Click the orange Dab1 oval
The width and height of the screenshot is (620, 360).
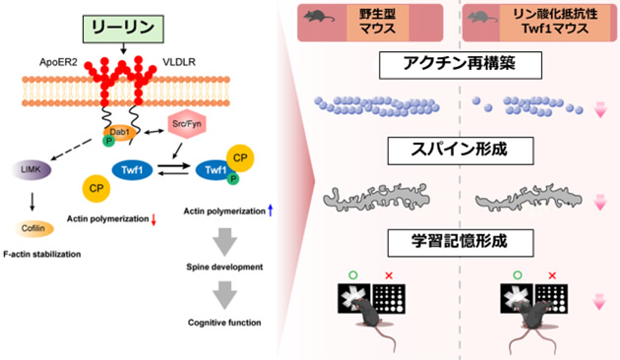(114, 132)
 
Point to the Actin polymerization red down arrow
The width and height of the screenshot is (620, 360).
(154, 216)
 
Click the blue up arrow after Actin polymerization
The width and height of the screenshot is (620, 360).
(271, 210)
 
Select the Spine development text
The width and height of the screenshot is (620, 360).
(226, 268)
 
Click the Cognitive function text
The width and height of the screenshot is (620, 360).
(226, 322)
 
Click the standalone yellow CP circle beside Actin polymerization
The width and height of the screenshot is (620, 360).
(95, 186)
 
